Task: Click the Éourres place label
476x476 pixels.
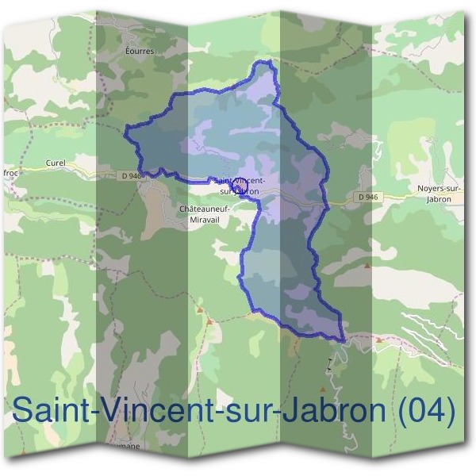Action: (x=139, y=50)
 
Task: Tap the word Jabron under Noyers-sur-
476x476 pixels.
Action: (x=438, y=199)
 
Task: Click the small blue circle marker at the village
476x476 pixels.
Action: (x=234, y=185)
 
